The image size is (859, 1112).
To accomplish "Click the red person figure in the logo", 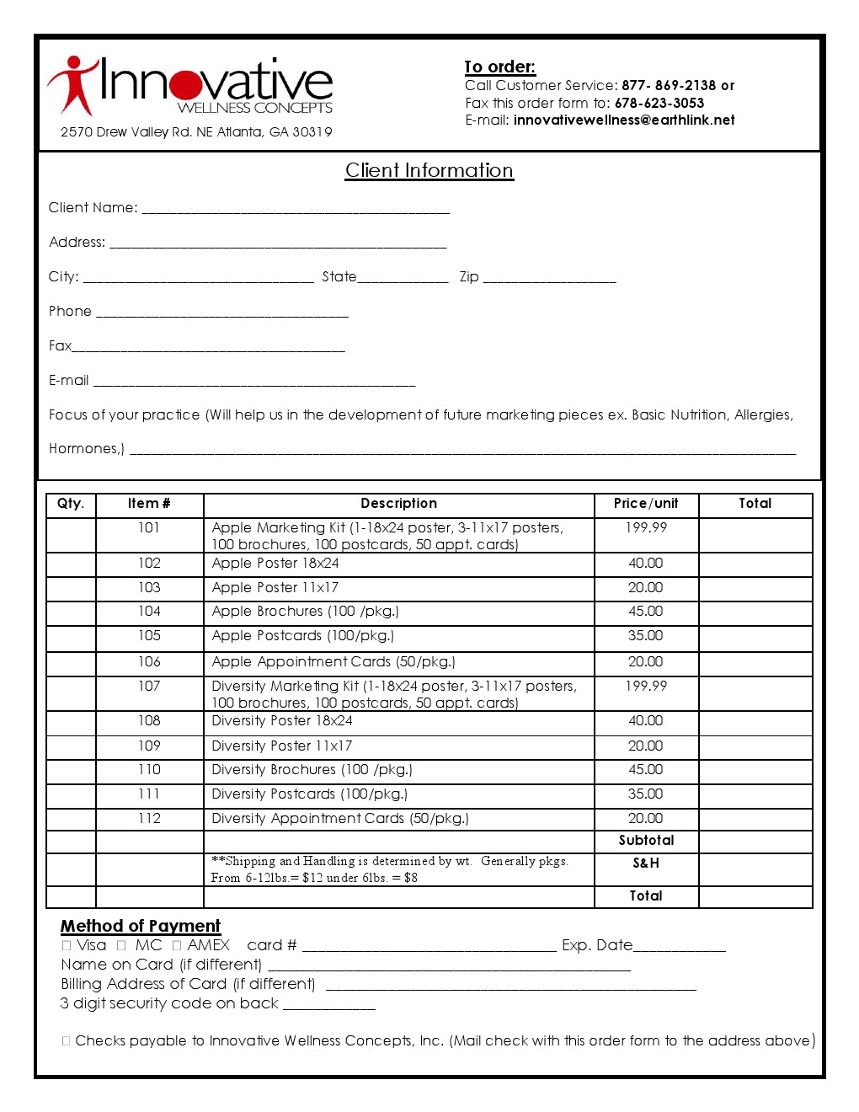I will (72, 84).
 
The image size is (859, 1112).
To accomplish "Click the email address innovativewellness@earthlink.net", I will (623, 120).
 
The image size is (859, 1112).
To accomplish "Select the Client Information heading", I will (429, 170).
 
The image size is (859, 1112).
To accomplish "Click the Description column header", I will (398, 504).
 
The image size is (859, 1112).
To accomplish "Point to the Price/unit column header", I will (645, 504).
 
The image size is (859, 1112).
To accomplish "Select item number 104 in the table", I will (149, 612).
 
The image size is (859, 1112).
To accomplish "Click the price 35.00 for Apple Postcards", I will (645, 636).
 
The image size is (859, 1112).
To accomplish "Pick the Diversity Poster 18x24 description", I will (282, 721).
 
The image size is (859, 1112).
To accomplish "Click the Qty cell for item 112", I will (71, 819).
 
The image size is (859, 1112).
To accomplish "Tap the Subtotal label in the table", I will (646, 841).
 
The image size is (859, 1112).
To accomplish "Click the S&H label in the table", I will (646, 863).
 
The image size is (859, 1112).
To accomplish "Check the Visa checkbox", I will (67, 946).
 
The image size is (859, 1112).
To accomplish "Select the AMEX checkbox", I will (177, 946).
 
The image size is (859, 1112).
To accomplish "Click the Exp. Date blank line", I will (679, 947).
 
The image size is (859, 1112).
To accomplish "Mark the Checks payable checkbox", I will (66, 1041).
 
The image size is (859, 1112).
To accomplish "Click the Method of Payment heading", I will (140, 926).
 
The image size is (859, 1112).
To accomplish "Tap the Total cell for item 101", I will (755, 535).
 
